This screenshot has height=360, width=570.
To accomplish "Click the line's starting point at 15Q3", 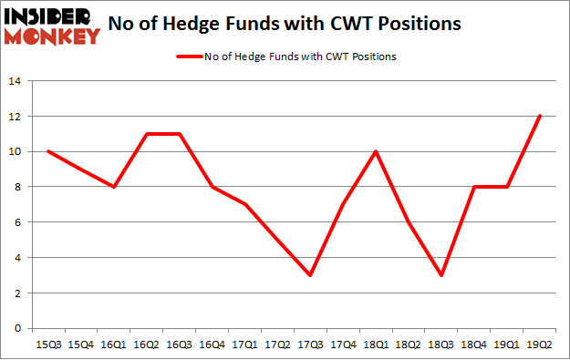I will pos(47,151).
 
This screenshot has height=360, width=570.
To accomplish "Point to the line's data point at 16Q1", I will pos(114,187).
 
